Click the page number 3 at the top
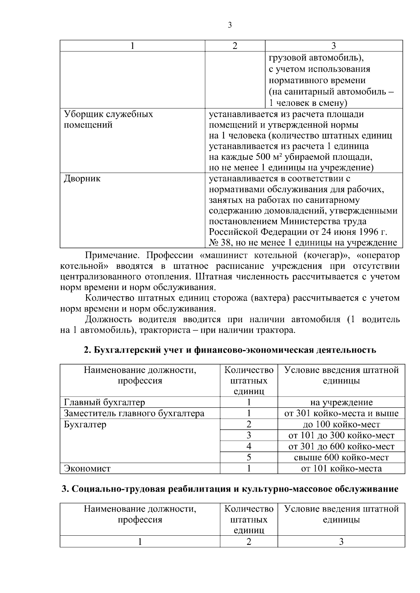click(x=230, y=25)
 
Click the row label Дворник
click(x=82, y=179)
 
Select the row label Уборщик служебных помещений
click(x=108, y=120)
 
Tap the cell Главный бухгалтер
click(x=104, y=402)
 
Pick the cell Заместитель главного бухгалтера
click(x=134, y=413)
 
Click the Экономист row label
click(x=87, y=469)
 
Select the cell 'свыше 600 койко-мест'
click(x=341, y=457)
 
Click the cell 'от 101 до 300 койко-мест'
click(x=341, y=435)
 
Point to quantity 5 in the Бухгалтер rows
click(x=249, y=457)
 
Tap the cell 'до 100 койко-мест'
click(x=341, y=425)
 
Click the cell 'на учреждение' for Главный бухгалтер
click(x=341, y=402)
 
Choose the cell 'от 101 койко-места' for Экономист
click(x=341, y=469)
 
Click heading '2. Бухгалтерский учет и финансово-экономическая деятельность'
click(x=230, y=350)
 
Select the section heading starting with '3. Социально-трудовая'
click(x=230, y=489)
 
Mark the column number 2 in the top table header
click(x=235, y=46)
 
